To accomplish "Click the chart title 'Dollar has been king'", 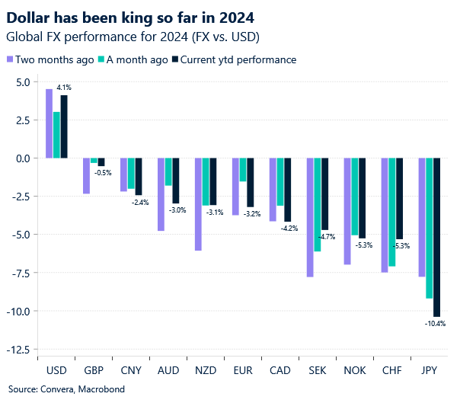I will coord(130,16).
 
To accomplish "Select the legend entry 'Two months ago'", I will coord(50,59).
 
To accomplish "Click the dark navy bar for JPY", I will coord(436,237).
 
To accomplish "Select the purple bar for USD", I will coord(49,123).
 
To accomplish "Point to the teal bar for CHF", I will coord(391,212).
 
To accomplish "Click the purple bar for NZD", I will coord(198,203).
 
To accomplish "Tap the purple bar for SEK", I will coord(310,217).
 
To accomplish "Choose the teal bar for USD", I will coord(56,135).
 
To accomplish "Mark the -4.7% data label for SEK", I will coord(327,237).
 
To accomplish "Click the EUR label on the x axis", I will coord(242,371).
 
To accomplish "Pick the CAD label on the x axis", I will coord(280,371).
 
